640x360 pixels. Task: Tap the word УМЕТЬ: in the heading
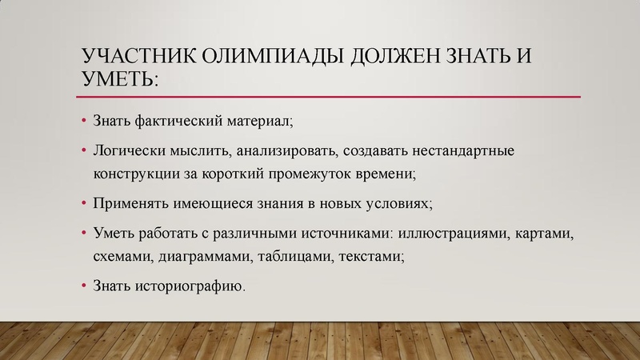(x=119, y=79)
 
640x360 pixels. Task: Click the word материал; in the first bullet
(x=260, y=122)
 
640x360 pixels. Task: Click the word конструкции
(x=138, y=171)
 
